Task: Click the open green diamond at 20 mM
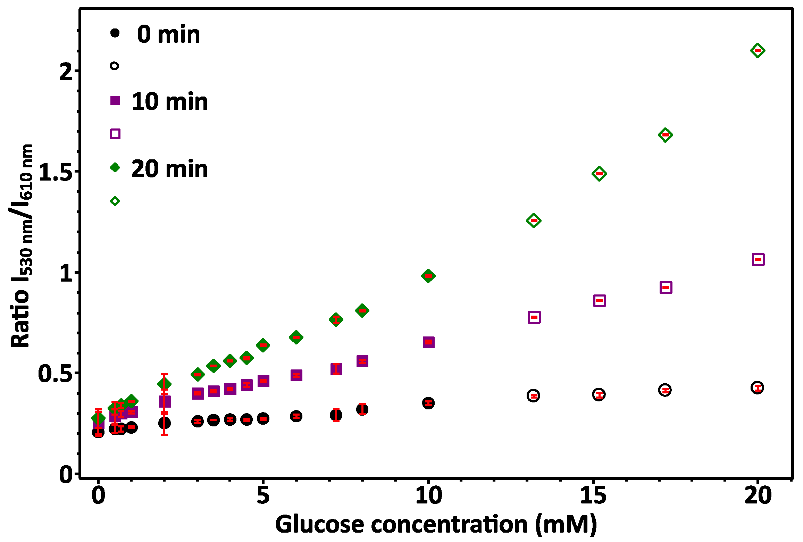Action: [758, 51]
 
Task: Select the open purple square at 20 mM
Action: [758, 260]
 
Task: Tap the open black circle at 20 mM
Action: [758, 387]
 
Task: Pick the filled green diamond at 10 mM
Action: [428, 276]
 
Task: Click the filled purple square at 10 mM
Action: [429, 342]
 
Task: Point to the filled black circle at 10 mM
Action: [428, 403]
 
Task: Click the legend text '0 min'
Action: [168, 35]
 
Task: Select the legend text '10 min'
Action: [169, 102]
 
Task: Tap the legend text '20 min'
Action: [169, 169]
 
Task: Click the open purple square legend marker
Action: [115, 134]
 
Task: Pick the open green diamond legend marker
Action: [115, 201]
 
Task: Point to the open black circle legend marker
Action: [115, 66]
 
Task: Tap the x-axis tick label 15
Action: [593, 495]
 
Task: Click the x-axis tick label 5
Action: [263, 495]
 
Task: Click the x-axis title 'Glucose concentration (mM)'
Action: [436, 524]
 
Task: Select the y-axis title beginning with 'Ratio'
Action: [21, 246]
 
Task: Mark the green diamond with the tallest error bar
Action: [164, 384]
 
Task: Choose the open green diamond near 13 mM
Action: [534, 220]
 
